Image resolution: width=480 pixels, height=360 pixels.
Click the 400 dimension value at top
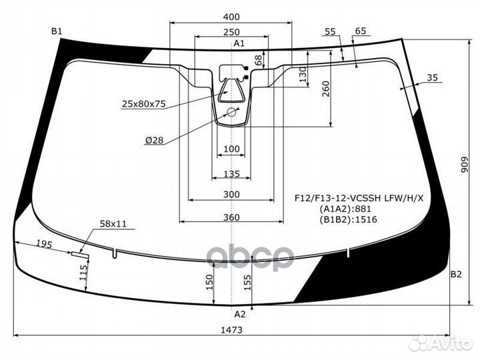pyautogui.click(x=231, y=17)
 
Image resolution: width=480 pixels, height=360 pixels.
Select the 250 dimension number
pyautogui.click(x=231, y=32)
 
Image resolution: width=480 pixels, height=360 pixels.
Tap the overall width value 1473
pyautogui.click(x=231, y=330)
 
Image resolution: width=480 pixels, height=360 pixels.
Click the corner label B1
pyautogui.click(x=57, y=31)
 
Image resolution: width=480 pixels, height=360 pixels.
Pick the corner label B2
pyautogui.click(x=456, y=274)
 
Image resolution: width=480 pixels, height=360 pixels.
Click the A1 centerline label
pyautogui.click(x=239, y=43)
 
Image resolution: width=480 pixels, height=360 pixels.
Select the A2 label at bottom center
pyautogui.click(x=240, y=314)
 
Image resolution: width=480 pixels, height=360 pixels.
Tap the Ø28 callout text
pyautogui.click(x=154, y=140)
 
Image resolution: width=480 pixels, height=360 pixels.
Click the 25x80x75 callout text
pyautogui.click(x=144, y=104)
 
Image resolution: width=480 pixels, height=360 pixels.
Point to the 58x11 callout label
pyautogui.click(x=113, y=224)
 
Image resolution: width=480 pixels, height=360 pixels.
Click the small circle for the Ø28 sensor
pyautogui.click(x=231, y=112)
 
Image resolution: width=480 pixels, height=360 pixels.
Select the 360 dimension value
pyautogui.click(x=231, y=217)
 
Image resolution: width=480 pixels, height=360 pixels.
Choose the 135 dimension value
pyautogui.click(x=231, y=174)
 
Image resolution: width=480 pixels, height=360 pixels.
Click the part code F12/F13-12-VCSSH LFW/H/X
pyautogui.click(x=359, y=199)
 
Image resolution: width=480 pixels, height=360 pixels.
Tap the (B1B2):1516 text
pyautogui.click(x=349, y=219)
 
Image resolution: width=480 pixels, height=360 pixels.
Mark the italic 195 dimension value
pyautogui.click(x=45, y=244)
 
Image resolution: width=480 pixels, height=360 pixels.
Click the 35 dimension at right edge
pyautogui.click(x=432, y=78)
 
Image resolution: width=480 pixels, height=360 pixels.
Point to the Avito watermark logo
pyautogui.click(x=440, y=344)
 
